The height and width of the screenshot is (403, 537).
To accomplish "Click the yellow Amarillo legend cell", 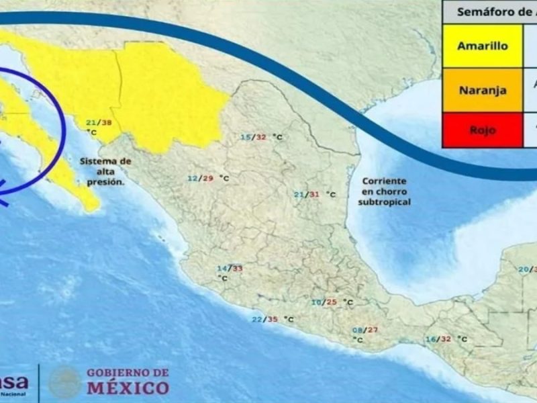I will (482, 46).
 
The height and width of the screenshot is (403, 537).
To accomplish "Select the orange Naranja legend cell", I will (482, 90).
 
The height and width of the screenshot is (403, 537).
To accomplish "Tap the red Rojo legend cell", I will (482, 130).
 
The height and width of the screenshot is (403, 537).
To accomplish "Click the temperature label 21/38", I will (98, 123).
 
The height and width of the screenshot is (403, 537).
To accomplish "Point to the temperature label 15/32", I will (254, 137).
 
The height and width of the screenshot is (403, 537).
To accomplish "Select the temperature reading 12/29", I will (200, 179).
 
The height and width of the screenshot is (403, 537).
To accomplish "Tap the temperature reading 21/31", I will (307, 194).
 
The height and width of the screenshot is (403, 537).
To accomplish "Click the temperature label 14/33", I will (229, 269).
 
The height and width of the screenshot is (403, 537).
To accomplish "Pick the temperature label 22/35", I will (264, 319).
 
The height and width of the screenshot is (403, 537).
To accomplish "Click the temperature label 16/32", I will (438, 339).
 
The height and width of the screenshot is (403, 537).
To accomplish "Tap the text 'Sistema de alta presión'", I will (105, 171).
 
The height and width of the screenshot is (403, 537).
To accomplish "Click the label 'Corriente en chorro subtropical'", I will (385, 191).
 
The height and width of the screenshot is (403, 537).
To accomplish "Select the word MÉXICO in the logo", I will (128, 388).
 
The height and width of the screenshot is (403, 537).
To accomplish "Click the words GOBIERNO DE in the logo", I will (128, 373).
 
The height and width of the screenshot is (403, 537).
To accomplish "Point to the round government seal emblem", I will (65, 381).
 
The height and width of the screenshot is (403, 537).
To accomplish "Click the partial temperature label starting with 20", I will (526, 269).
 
